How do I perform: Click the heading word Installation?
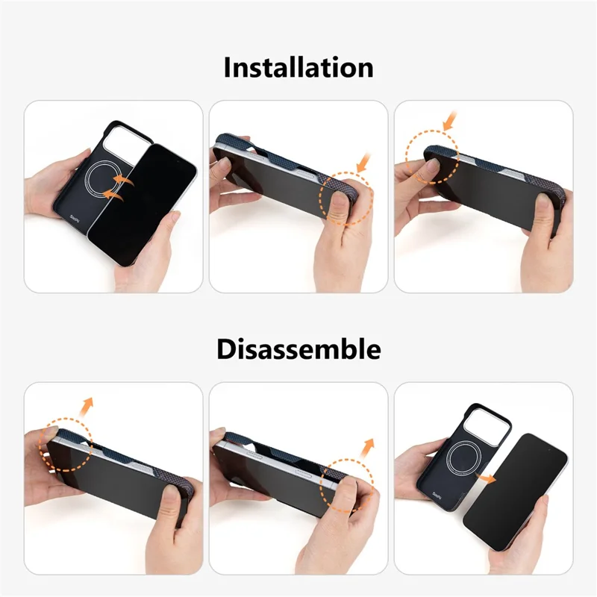point(298,67)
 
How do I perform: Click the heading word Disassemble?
point(298,348)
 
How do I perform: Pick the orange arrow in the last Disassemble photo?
point(489,477)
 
